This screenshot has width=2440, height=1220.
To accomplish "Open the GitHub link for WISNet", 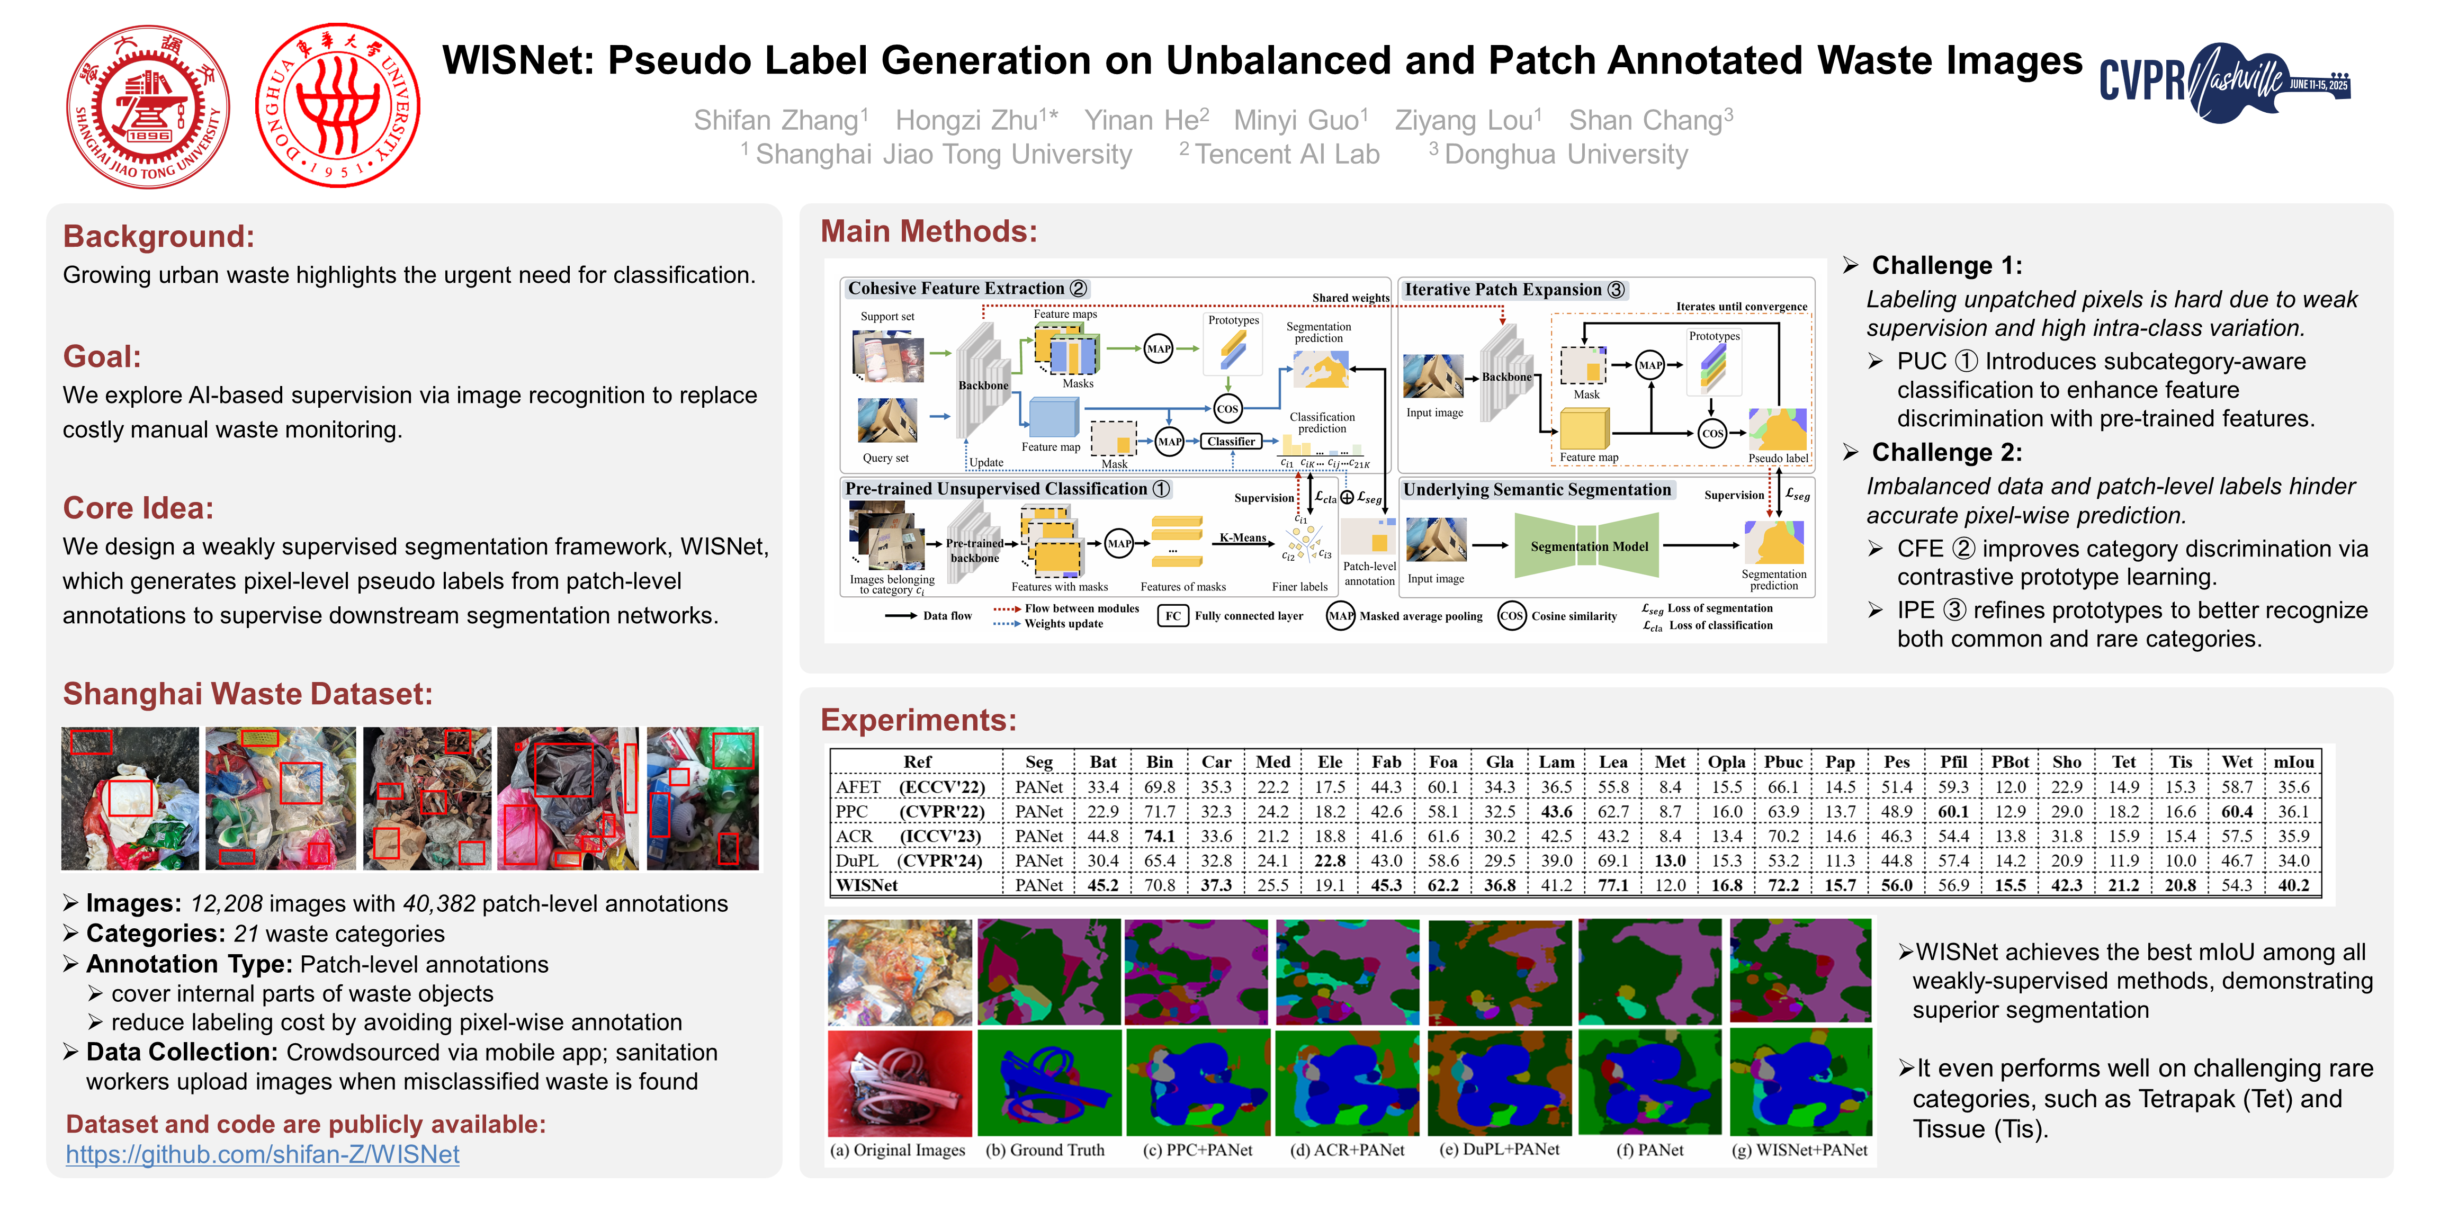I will coord(263,1155).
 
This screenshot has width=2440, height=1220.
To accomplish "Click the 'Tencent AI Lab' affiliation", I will coord(1285,155).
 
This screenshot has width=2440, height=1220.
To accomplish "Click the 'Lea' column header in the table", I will coord(1612,761).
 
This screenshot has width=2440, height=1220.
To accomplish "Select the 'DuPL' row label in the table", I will coord(856,860).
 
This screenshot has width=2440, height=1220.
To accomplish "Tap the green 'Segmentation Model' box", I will coord(1589,546).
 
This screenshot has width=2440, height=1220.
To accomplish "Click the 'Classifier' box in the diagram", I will coord(1231,442).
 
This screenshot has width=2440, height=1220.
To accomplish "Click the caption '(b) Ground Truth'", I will coord(1045,1150).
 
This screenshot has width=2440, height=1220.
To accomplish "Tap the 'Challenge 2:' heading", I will coord(1946,453).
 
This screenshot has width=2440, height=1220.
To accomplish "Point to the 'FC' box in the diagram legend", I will coord(1173,616).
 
